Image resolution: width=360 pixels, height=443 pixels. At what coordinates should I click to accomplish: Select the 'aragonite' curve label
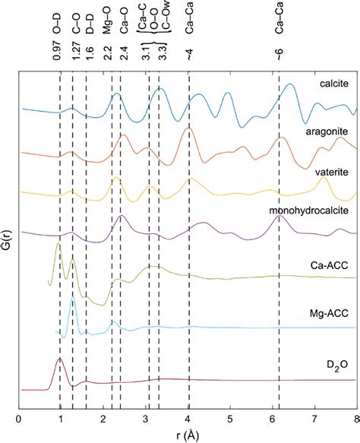(327, 131)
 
